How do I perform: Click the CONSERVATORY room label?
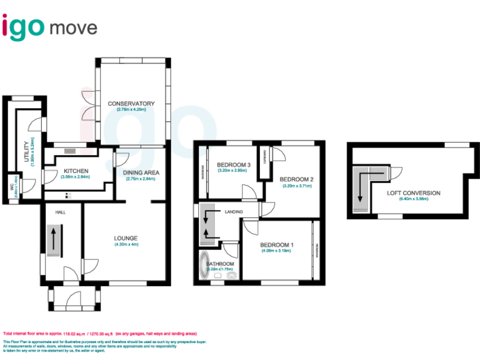click(x=131, y=103)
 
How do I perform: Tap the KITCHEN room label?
click(x=75, y=171)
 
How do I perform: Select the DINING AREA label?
click(x=141, y=172)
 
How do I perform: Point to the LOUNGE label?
click(x=126, y=237)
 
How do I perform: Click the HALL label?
click(x=60, y=212)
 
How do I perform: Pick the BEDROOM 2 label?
click(x=297, y=179)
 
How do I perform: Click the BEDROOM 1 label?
click(x=276, y=244)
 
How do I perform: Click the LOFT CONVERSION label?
click(x=413, y=193)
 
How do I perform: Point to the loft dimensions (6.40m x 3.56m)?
click(x=413, y=199)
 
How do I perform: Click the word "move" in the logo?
click(x=73, y=28)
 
